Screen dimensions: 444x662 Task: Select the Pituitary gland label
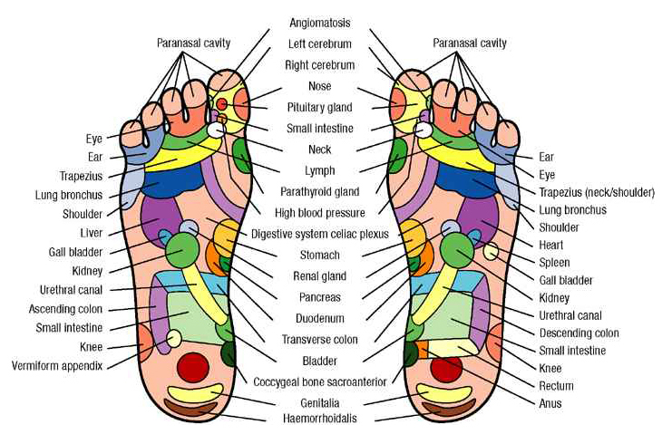[321, 107]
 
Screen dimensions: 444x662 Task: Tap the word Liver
[91, 233]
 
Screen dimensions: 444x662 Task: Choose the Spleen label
[554, 263]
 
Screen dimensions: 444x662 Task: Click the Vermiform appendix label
[57, 366]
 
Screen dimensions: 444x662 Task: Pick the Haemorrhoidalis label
[321, 419]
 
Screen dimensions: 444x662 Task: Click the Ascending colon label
[71, 309]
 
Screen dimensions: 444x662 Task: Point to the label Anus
[550, 403]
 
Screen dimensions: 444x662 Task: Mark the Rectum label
[556, 386]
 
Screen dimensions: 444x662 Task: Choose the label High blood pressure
[321, 213]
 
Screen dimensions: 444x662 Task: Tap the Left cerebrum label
[321, 43]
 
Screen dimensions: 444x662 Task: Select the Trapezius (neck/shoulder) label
[591, 192]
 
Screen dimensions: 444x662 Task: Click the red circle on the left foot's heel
[192, 367]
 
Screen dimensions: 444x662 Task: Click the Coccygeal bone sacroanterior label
[321, 381]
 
